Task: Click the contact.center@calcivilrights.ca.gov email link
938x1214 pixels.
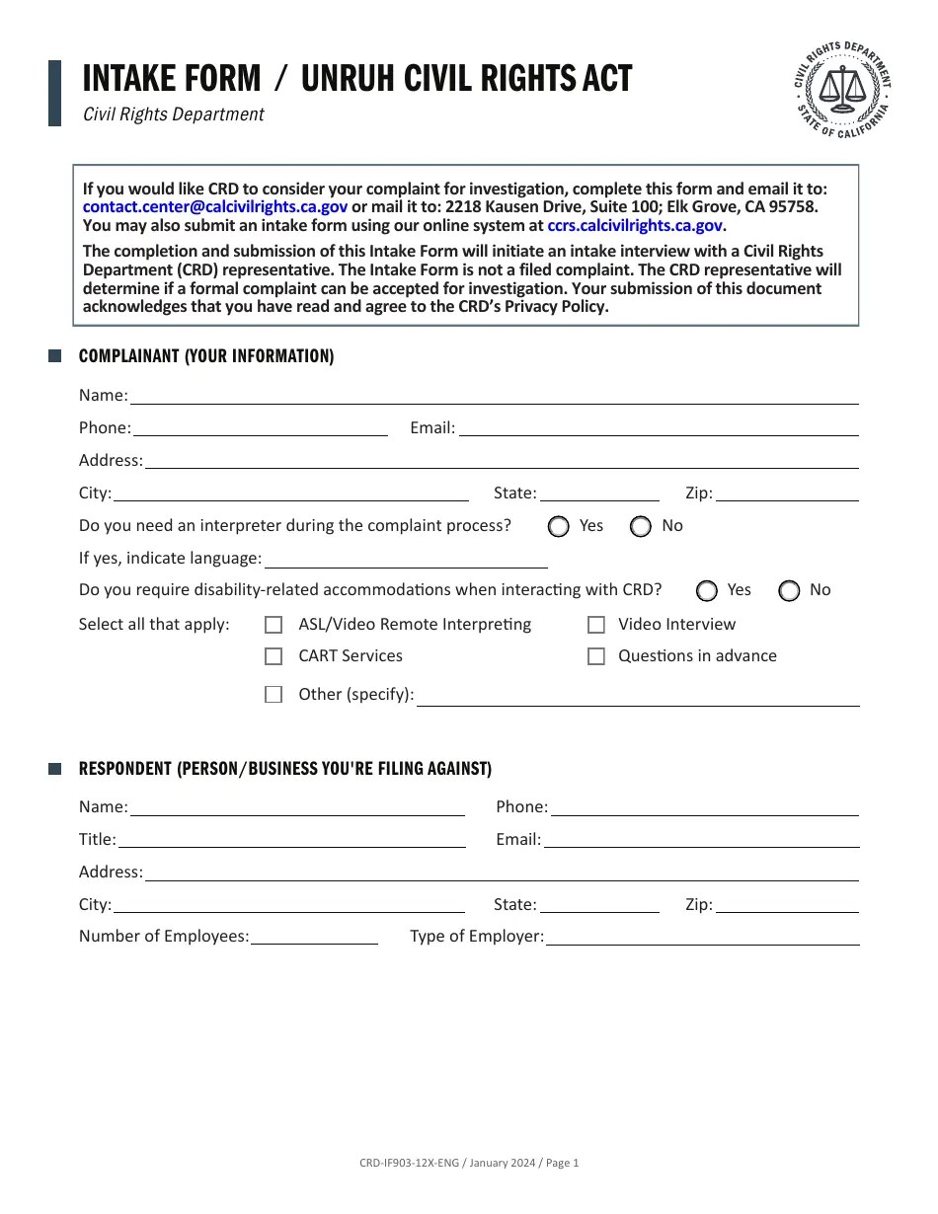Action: point(214,206)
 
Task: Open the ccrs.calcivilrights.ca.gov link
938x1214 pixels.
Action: point(635,225)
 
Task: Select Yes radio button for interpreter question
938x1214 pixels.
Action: point(559,526)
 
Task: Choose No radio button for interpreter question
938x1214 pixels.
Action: point(641,526)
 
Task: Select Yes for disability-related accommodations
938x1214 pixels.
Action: point(707,590)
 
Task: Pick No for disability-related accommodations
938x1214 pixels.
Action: point(789,590)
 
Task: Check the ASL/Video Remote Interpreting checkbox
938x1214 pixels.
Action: point(274,625)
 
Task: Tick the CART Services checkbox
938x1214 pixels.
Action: point(274,656)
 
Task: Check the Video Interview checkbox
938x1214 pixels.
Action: point(596,625)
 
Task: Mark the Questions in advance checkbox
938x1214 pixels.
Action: point(596,656)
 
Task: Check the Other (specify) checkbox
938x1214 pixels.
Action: point(274,695)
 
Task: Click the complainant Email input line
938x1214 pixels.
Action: point(659,428)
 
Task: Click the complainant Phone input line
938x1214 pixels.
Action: point(260,428)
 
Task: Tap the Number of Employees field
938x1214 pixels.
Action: point(314,937)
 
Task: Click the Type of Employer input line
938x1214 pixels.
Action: point(702,937)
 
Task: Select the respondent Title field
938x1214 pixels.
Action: point(291,840)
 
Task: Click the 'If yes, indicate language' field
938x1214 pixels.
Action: point(406,560)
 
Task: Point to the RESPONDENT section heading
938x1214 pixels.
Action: point(284,769)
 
